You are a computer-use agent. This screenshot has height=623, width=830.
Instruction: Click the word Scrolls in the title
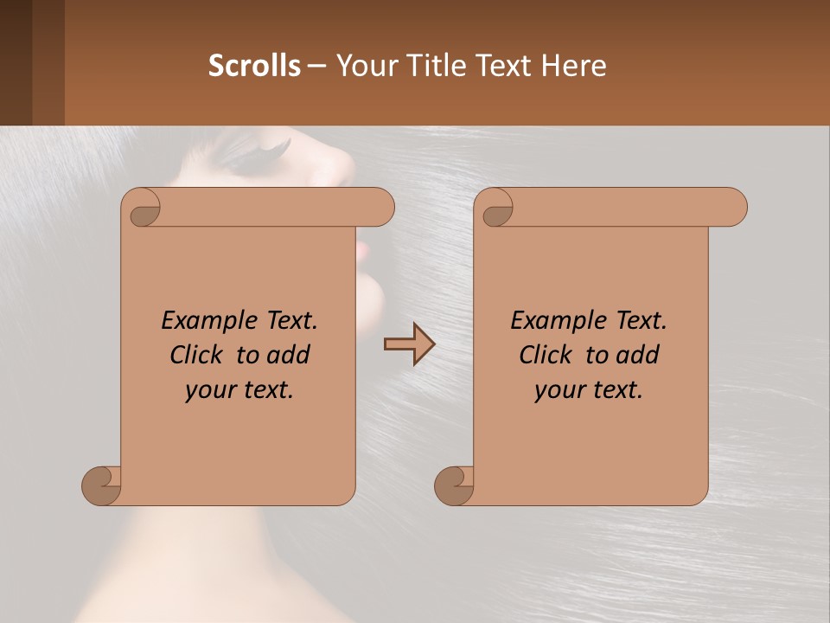255,66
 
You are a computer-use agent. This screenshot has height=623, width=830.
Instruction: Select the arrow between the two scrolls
409,344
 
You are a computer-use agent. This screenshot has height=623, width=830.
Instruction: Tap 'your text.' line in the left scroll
239,390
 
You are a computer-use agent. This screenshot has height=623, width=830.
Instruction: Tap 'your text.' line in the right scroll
589,390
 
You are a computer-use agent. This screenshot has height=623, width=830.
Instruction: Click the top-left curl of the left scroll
144,210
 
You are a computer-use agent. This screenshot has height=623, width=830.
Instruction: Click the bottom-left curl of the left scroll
102,485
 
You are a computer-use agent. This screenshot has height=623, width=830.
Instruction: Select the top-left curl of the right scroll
496,210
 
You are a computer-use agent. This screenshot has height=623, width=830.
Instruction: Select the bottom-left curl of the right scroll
455,485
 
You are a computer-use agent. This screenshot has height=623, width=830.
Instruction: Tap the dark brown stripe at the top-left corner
16,62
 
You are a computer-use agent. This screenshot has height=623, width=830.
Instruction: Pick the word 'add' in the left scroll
289,355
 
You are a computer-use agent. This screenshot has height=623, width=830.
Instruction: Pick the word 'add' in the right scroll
638,355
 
